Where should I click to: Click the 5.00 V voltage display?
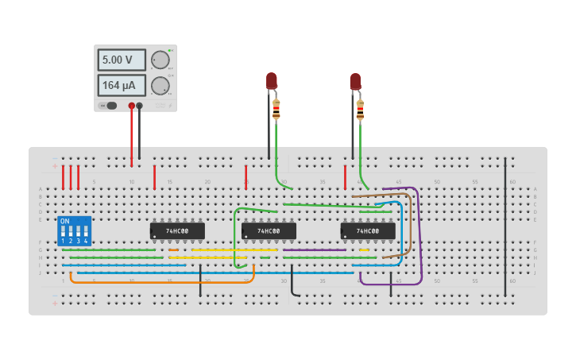tap(122, 60)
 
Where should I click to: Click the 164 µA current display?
tap(122, 85)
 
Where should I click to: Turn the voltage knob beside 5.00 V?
tap(160, 60)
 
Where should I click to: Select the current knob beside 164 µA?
tap(160, 86)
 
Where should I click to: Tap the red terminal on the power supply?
tap(132, 105)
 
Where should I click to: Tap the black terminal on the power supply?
tap(140, 105)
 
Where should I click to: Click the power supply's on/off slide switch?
tap(108, 105)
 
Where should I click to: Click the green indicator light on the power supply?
tap(169, 49)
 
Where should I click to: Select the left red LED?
tap(271, 80)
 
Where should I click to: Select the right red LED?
tap(355, 80)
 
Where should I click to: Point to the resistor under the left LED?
tap(276, 109)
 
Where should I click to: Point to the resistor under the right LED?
tap(360, 109)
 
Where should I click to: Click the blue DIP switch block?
tap(75, 230)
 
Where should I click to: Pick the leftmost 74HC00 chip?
tap(177, 231)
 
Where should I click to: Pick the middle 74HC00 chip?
tap(269, 231)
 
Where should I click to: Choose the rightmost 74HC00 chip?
tap(368, 231)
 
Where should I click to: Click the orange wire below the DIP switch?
tap(159, 281)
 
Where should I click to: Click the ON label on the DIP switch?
tap(65, 221)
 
